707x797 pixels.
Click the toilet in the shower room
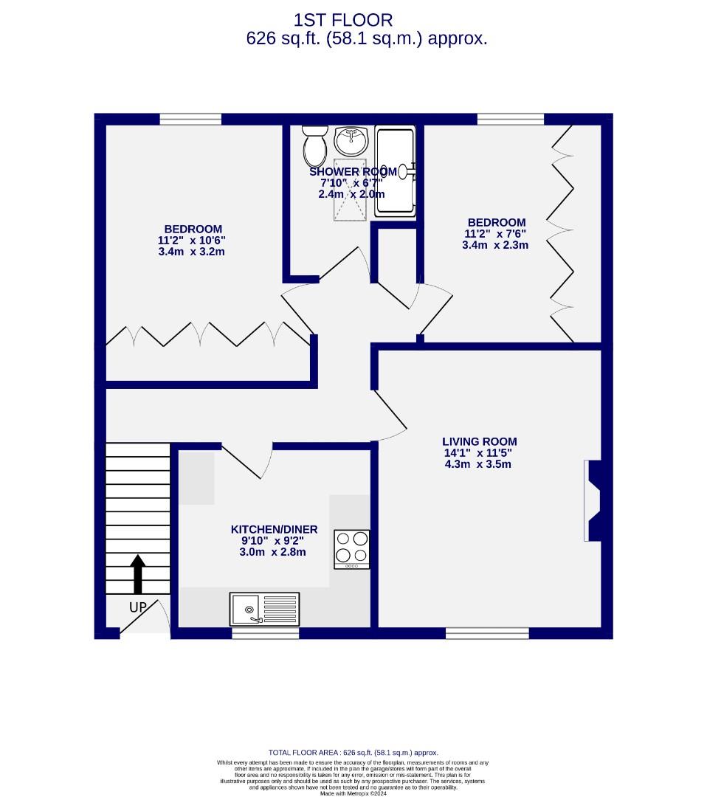coord(315,146)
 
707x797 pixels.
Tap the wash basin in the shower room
coord(351,140)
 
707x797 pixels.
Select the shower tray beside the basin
coord(396,171)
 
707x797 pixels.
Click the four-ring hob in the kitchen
coord(352,549)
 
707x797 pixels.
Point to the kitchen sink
coord(264,609)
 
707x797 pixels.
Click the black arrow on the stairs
coord(138,574)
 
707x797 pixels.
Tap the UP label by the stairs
coord(138,607)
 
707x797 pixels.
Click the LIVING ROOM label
coord(479,441)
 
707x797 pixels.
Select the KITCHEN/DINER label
coord(274,529)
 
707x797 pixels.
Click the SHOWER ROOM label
coord(353,172)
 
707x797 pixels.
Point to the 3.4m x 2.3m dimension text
coord(495,245)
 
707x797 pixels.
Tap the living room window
coord(487,633)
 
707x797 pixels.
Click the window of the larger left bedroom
coord(190,119)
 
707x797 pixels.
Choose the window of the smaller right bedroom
coord(511,119)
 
